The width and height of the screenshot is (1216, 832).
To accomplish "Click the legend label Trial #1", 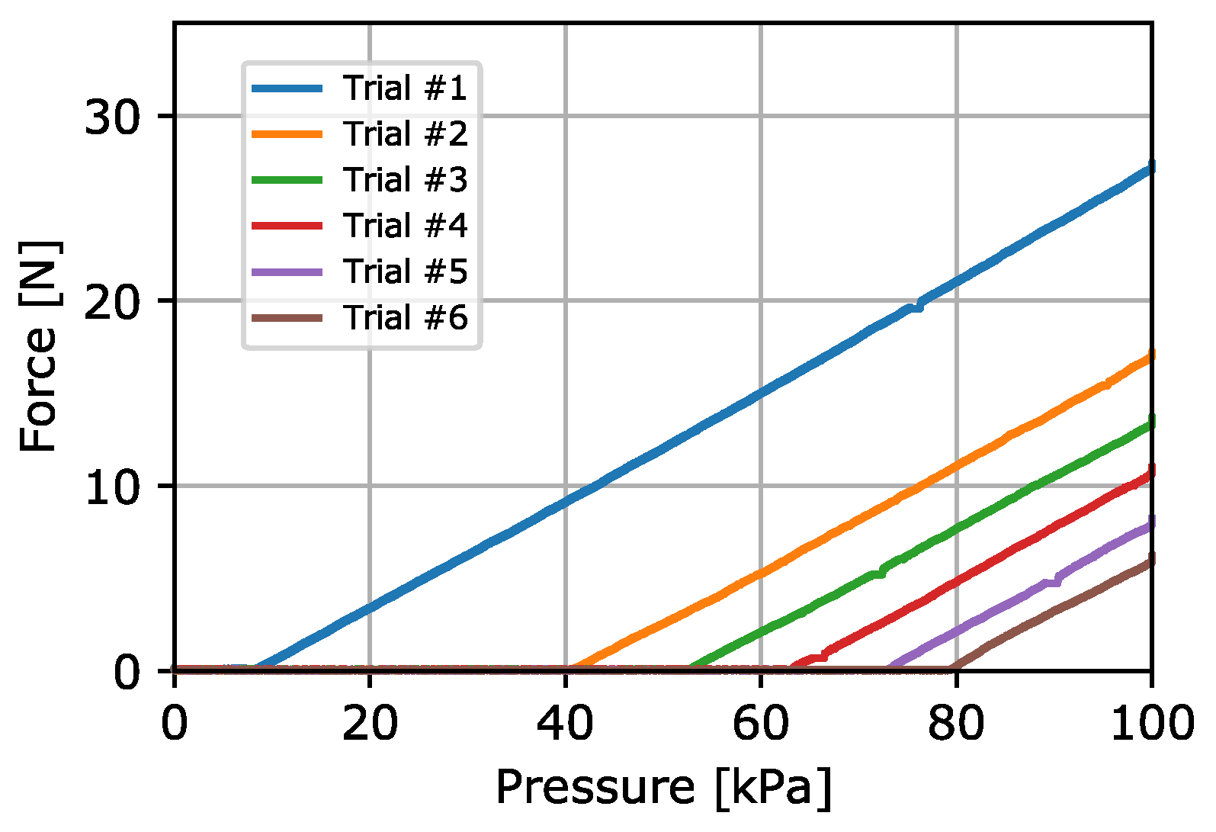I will point(404,88).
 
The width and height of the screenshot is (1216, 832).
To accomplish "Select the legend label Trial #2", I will point(404,134).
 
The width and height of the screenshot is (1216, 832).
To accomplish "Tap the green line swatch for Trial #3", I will point(287,180).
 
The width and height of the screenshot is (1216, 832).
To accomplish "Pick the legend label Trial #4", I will point(404,226).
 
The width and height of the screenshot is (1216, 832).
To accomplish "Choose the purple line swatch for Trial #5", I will point(287,271).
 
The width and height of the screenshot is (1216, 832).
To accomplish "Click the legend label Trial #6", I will point(404,317).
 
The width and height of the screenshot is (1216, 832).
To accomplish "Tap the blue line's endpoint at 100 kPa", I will point(1150,166).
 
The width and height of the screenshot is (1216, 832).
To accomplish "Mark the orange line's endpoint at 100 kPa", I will point(1150,355).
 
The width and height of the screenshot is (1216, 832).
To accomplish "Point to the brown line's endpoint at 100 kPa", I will point(1150,559).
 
